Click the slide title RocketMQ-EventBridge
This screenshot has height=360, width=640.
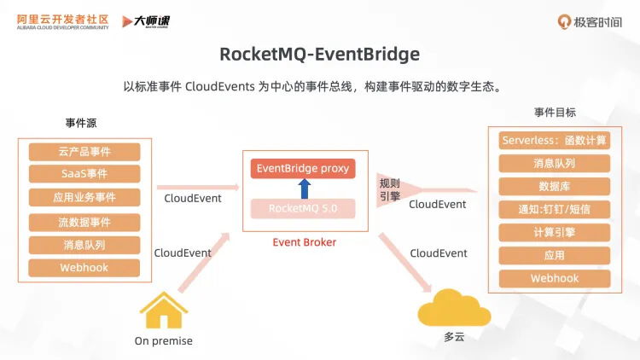[x=320, y=54]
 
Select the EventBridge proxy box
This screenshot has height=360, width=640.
[x=303, y=168]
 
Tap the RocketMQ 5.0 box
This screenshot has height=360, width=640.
[x=303, y=207]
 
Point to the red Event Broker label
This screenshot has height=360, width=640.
[x=304, y=242]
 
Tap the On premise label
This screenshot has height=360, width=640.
[x=164, y=341]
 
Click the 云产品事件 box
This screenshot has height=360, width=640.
[x=84, y=152]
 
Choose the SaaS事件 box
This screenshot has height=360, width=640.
[x=84, y=174]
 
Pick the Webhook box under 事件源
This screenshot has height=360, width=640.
[x=84, y=268]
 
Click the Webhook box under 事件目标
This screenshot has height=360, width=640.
[x=555, y=278]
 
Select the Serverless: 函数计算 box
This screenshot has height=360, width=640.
[x=555, y=140]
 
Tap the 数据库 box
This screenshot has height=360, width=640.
[x=555, y=186]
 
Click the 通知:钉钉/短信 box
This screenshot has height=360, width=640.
[x=555, y=209]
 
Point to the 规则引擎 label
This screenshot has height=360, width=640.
[x=389, y=188]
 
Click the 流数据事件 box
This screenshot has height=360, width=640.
[x=84, y=222]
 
